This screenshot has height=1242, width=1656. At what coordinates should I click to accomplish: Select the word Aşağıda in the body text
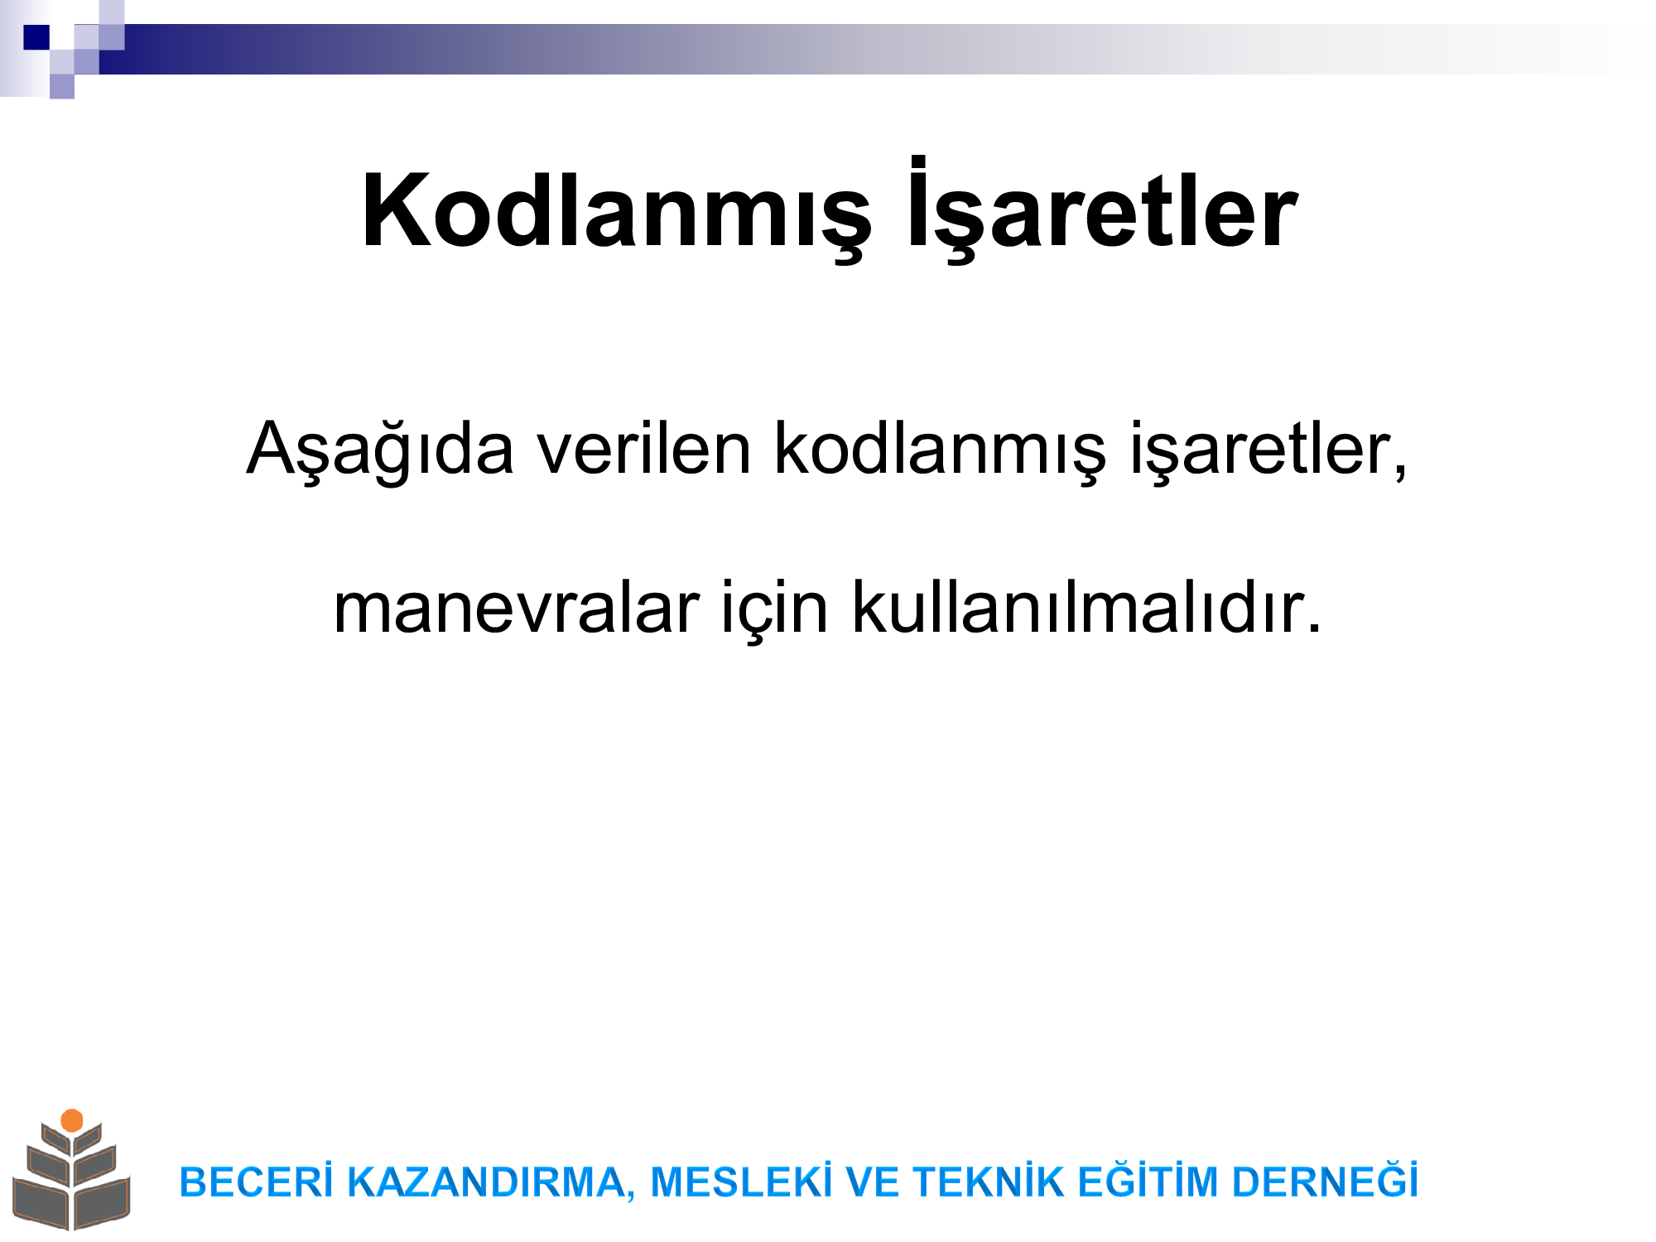[x=380, y=451]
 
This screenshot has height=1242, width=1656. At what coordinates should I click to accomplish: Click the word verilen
[x=644, y=448]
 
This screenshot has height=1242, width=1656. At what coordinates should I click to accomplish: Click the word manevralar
[x=516, y=609]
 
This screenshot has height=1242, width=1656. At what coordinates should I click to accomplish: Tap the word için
[x=775, y=610]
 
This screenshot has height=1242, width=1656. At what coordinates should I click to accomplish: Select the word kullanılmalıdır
[x=1086, y=607]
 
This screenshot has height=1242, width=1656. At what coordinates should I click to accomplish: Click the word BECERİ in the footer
[x=257, y=1181]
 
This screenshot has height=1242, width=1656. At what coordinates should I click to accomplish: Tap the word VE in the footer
[x=872, y=1182]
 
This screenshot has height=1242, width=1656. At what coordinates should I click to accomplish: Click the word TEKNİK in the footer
[x=989, y=1181]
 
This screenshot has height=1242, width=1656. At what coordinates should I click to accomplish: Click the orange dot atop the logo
[x=72, y=1120]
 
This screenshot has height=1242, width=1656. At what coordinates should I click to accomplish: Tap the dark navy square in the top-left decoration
[x=36, y=37]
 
